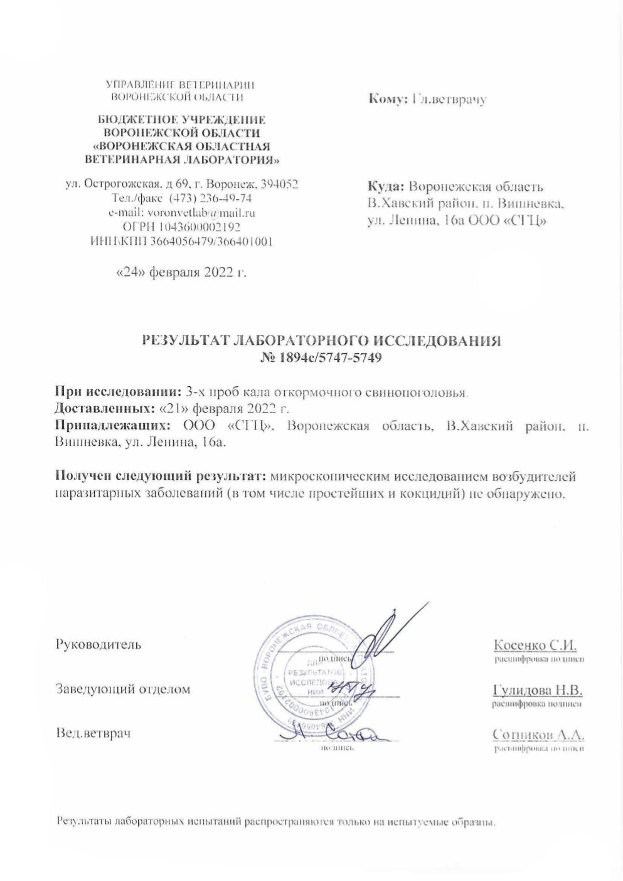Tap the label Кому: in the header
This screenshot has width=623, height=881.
tap(388, 99)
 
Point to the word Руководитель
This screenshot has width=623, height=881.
tap(99, 644)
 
